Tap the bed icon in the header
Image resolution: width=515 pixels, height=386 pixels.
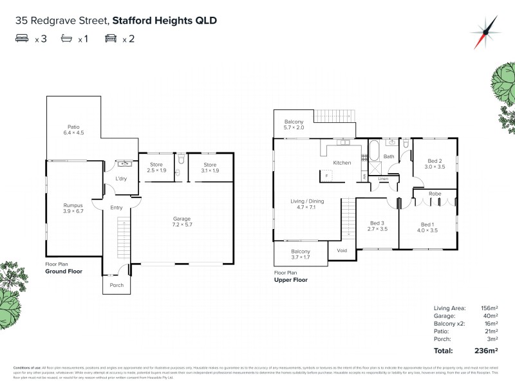(23, 39)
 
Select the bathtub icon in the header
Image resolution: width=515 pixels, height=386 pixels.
(66, 39)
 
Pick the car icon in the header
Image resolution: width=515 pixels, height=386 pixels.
(111, 39)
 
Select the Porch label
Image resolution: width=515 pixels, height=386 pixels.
(117, 285)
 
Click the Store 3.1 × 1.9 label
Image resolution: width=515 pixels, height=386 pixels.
(211, 167)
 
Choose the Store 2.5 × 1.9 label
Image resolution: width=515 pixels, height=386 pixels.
(156, 167)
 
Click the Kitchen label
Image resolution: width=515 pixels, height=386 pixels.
(342, 163)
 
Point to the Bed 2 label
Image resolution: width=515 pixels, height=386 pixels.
(435, 163)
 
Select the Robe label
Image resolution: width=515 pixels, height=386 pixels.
(435, 193)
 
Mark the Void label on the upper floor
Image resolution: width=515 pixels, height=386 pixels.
(342, 251)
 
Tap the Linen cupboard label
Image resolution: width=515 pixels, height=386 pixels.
(383, 178)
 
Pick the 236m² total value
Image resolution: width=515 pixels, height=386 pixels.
(485, 351)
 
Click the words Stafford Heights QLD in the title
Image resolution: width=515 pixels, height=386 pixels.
(164, 21)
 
